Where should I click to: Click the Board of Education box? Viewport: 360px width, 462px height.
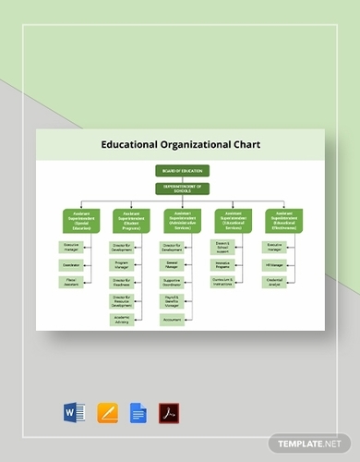(x=182, y=170)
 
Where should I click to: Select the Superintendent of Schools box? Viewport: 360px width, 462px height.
(x=182, y=188)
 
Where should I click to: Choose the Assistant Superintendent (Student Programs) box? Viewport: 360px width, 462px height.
(x=131, y=219)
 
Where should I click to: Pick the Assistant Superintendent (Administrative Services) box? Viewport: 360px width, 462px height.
(x=182, y=219)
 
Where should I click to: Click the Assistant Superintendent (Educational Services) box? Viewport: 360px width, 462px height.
(x=233, y=219)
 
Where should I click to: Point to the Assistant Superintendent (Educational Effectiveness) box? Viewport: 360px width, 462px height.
(x=283, y=219)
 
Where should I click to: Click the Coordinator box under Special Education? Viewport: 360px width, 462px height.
(x=72, y=264)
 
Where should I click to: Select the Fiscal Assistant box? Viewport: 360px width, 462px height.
(x=72, y=282)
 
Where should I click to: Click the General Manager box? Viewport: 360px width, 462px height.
(x=173, y=264)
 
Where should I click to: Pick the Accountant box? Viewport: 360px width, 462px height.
(x=173, y=319)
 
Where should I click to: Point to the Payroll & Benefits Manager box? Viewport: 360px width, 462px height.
(x=173, y=300)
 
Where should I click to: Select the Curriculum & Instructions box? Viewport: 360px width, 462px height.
(x=224, y=282)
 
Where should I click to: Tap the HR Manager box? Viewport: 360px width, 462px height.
(x=274, y=264)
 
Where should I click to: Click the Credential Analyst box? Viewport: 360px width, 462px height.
(x=274, y=282)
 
